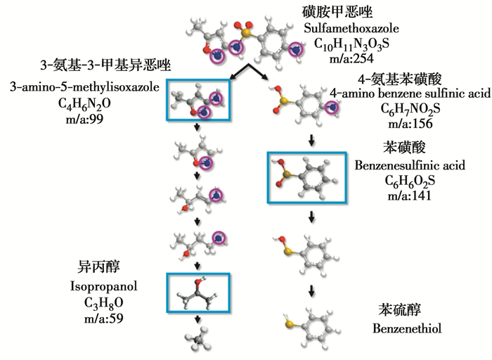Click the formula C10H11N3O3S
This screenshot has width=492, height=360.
point(350,44)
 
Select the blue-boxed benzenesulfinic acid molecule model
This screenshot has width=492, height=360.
point(307,179)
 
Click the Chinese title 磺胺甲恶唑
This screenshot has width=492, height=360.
point(349,11)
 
